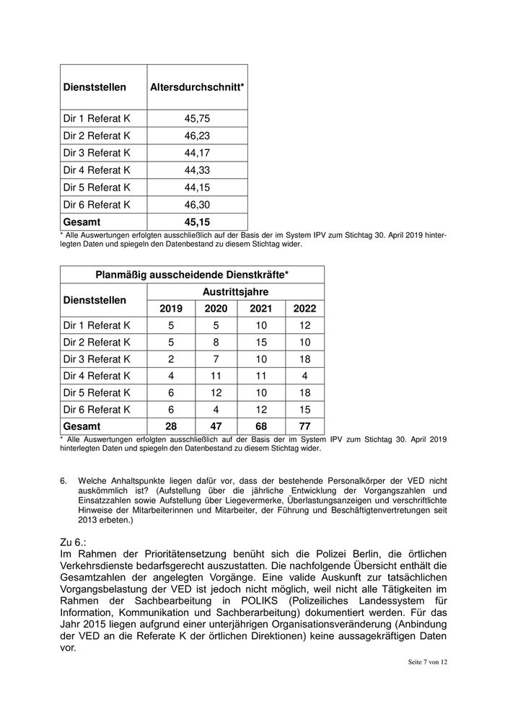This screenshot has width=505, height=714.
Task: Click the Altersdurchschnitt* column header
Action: pyautogui.click(x=197, y=87)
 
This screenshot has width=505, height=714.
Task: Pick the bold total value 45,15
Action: pyautogui.click(x=197, y=222)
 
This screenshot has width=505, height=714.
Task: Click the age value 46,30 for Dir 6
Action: pyautogui.click(x=197, y=205)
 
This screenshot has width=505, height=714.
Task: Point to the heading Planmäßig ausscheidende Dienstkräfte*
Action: pyautogui.click(x=192, y=275)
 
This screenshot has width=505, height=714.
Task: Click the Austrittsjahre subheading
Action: pyautogui.click(x=236, y=292)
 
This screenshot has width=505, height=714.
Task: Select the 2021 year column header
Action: pyautogui.click(x=261, y=309)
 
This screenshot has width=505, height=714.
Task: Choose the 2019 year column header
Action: pyautogui.click(x=171, y=309)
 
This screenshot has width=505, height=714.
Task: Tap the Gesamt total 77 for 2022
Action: pyautogui.click(x=304, y=426)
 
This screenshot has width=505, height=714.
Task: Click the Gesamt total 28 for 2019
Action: pyautogui.click(x=171, y=426)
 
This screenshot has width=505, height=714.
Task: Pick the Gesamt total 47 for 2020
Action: pyautogui.click(x=216, y=426)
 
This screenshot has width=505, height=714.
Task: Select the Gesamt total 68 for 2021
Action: pyautogui.click(x=261, y=426)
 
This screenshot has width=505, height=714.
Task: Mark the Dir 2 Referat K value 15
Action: pyautogui.click(x=261, y=343)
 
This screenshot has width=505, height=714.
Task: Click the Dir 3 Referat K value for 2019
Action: pyautogui.click(x=171, y=359)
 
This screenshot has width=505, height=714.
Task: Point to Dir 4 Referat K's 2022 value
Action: pyautogui.click(x=304, y=376)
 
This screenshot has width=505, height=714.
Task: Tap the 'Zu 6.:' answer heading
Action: pyautogui.click(x=76, y=541)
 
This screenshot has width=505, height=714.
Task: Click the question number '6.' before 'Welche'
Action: pyautogui.click(x=63, y=480)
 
